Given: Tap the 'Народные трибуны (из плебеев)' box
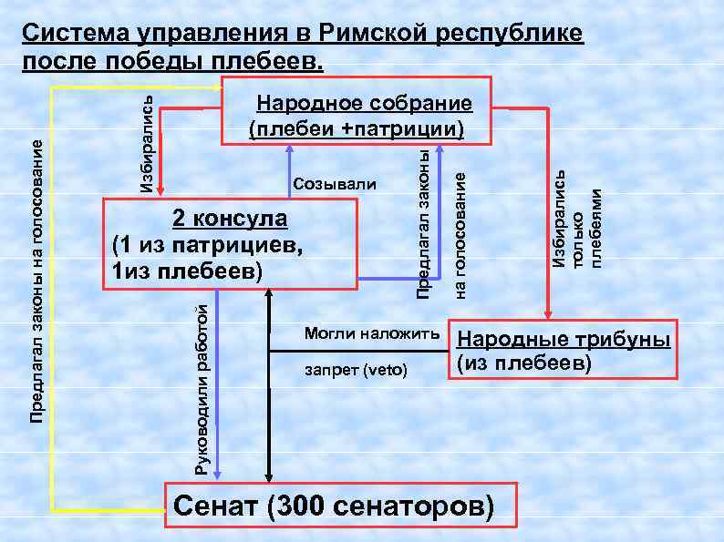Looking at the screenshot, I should tap(564, 350).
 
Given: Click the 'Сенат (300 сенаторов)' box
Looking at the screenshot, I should tap(336, 506).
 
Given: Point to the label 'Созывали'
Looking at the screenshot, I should tap(335, 185).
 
